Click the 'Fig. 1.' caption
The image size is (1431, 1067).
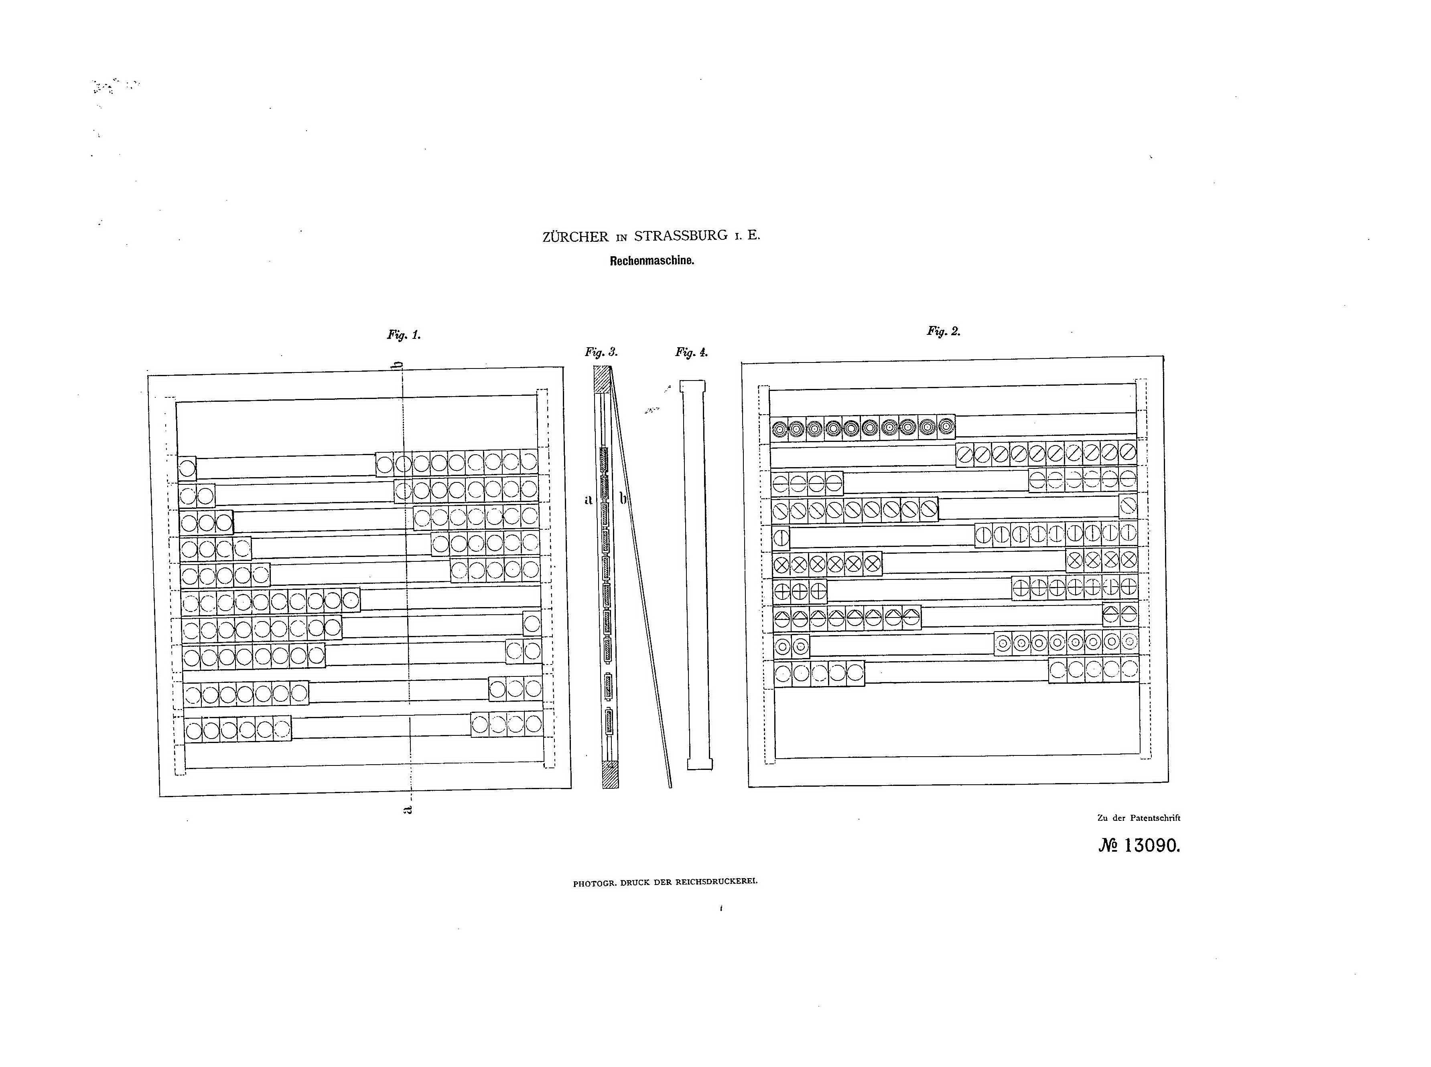point(404,334)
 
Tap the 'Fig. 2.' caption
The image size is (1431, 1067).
point(944,331)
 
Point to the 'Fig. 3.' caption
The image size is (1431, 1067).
point(601,352)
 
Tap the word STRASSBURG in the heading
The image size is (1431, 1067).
point(681,236)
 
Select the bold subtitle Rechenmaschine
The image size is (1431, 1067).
point(652,261)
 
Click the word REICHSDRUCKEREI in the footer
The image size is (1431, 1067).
point(717,881)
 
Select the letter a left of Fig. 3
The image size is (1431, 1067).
point(588,499)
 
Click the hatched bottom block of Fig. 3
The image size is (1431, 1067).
point(610,774)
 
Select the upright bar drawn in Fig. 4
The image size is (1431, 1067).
point(698,575)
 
